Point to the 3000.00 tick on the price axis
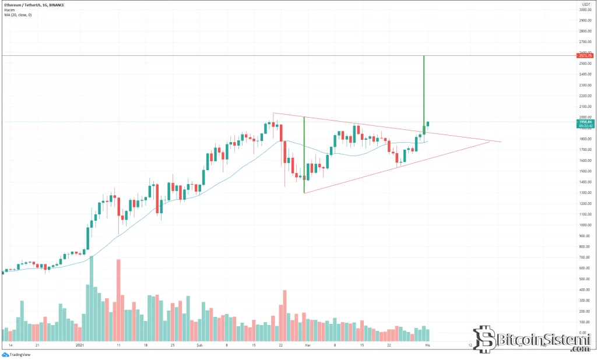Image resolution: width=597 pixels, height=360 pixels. [x=585, y=9]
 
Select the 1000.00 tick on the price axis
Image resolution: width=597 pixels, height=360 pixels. [x=585, y=225]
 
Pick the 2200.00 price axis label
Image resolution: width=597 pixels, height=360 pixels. [x=585, y=96]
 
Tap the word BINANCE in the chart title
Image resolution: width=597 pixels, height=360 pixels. [x=53, y=5]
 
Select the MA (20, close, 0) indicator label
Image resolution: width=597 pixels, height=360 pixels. [x=17, y=15]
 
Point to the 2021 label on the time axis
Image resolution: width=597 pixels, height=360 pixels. [x=82, y=345]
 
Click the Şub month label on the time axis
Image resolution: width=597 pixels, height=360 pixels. [x=199, y=345]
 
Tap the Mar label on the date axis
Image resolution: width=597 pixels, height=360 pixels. [x=308, y=345]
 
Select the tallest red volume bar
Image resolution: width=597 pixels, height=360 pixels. [x=118, y=300]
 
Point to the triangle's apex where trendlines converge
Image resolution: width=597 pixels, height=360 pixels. [x=501, y=142]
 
